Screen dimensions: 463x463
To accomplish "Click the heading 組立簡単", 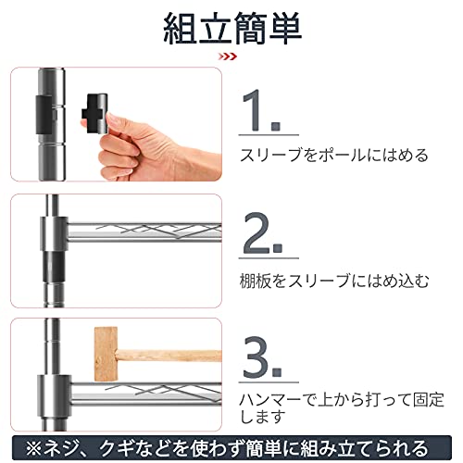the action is coord(232,29).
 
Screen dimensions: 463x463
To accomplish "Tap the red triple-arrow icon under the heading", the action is coord(228,56).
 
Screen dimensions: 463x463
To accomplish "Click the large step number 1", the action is coord(261,110).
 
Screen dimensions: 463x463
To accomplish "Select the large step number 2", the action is coord(262,233).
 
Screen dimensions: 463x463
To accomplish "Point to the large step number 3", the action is coord(262,357).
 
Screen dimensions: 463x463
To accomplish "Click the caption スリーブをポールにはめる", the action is coord(334,155).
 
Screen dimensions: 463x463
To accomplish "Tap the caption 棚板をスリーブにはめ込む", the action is coord(334,281).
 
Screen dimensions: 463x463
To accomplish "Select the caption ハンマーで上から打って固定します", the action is coord(342,407).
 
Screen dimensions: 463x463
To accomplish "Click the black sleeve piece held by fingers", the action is coord(94,113).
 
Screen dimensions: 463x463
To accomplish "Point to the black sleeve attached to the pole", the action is coord(45,115).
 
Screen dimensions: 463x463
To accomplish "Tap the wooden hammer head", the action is coord(106,354).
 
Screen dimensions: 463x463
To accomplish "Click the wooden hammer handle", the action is coord(169,356).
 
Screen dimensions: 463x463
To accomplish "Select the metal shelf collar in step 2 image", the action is coord(54,233).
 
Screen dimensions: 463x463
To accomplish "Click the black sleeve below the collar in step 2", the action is coord(54,266).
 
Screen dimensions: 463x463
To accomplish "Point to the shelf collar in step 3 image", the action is coord(55,395).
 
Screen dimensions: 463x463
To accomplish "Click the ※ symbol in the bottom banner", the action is coord(33,448).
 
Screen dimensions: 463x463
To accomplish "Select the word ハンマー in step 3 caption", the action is coord(270,400).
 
